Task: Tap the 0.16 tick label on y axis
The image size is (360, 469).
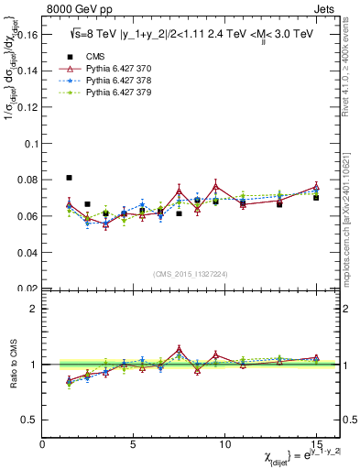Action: [26, 37]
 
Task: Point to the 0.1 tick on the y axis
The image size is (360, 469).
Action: [30, 144]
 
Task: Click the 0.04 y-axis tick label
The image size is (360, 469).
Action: [26, 252]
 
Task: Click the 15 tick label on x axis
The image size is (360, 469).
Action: [316, 444]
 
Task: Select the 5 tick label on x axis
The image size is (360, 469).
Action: [134, 444]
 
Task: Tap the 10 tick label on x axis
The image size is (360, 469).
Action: [224, 444]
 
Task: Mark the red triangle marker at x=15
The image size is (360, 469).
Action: [316, 186]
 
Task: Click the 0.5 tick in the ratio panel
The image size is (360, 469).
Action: [27, 420]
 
